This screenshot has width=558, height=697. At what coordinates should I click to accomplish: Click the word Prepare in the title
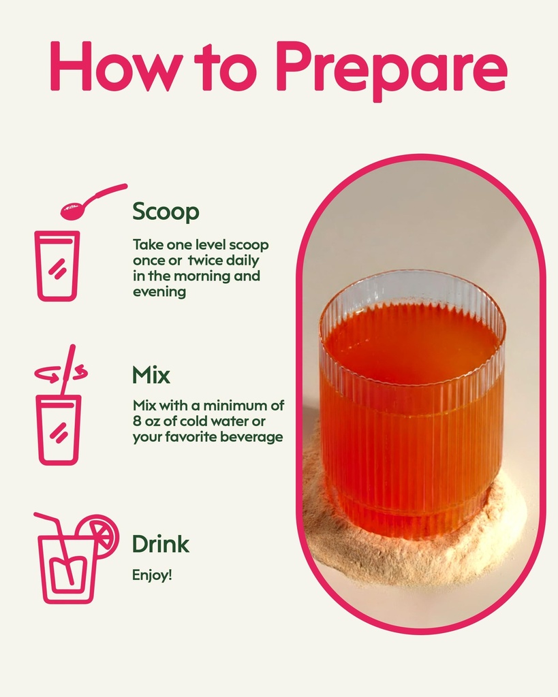click(x=391, y=70)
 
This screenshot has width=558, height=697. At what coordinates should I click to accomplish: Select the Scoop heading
click(x=166, y=212)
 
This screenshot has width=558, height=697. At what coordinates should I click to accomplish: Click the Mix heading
click(x=151, y=375)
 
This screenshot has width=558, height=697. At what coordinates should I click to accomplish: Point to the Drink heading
click(x=161, y=544)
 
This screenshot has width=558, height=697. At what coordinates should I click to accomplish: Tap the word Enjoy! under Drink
click(x=152, y=575)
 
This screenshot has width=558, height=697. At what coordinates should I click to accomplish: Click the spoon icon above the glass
click(x=93, y=202)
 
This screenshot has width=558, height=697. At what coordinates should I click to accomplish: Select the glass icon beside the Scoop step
click(x=57, y=266)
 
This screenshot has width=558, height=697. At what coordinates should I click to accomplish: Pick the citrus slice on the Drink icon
click(x=99, y=535)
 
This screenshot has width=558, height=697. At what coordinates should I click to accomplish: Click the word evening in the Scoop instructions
click(x=159, y=292)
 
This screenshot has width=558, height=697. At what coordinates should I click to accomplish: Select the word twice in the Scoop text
click(x=208, y=260)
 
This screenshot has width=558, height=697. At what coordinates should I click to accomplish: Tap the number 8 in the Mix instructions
click(x=137, y=421)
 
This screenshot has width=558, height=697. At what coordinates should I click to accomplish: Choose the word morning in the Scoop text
click(x=202, y=276)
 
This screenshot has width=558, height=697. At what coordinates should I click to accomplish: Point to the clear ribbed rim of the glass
click(x=411, y=289)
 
